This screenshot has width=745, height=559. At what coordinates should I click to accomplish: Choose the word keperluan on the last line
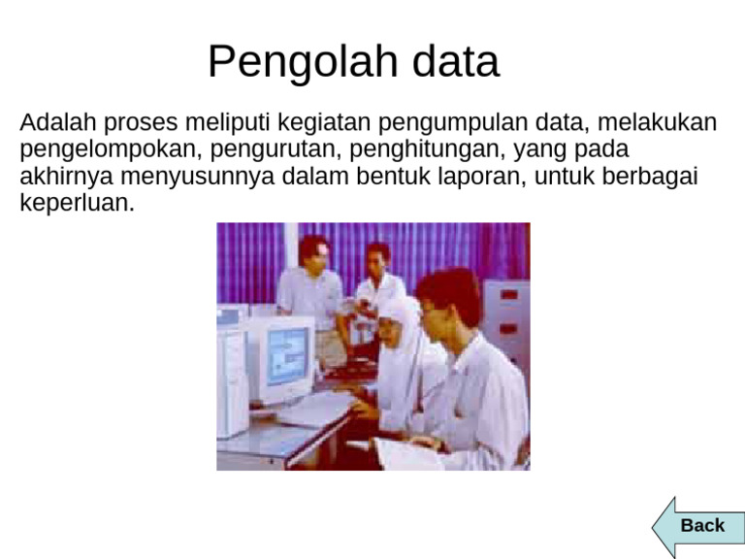(76, 205)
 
